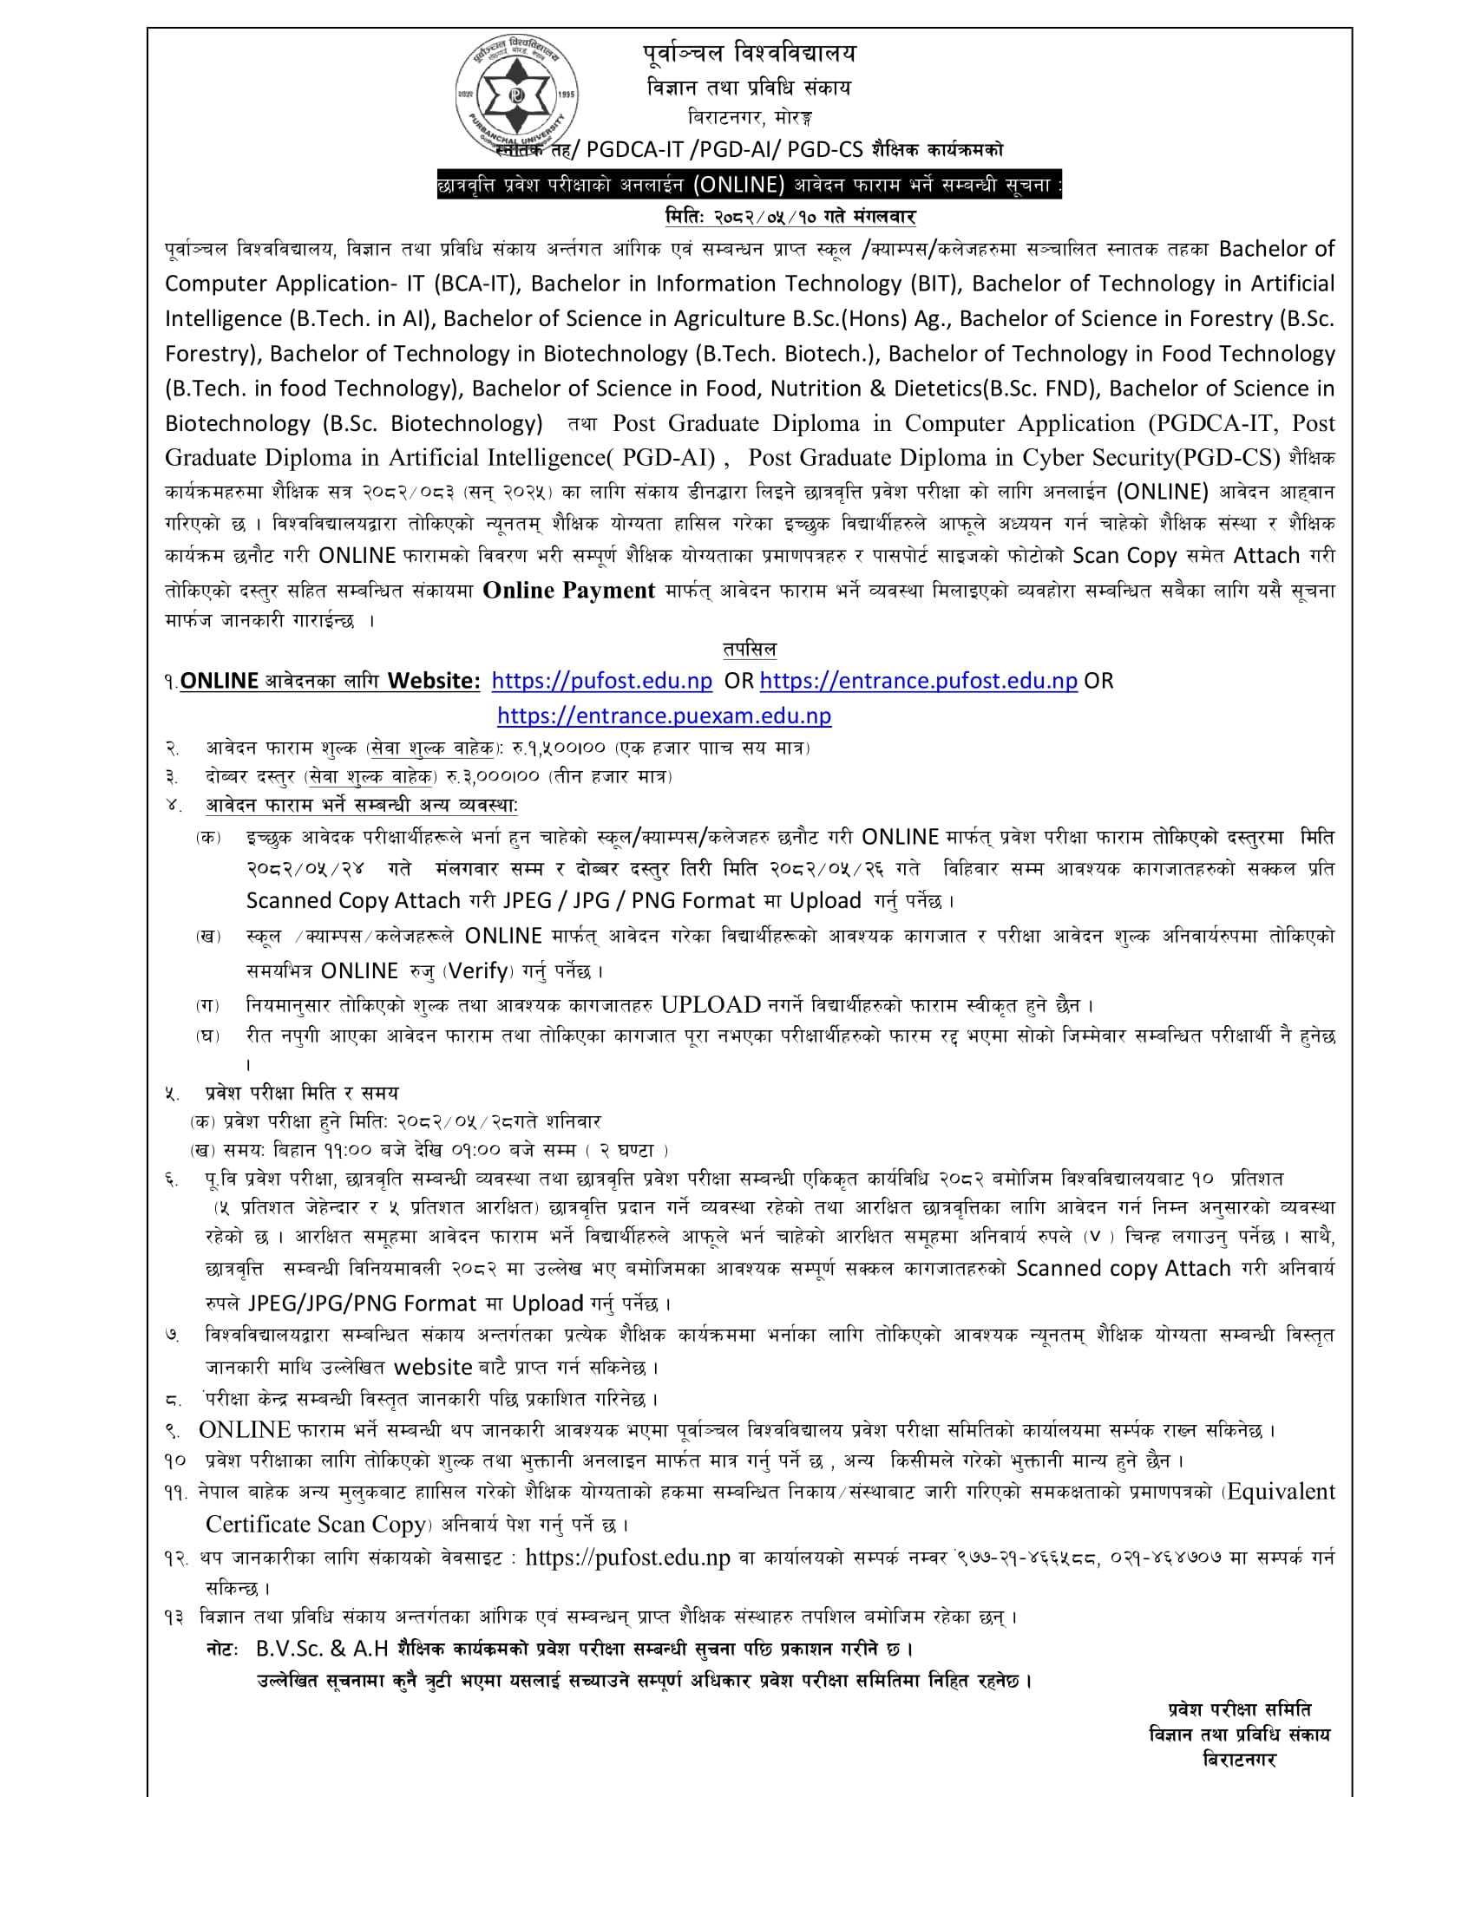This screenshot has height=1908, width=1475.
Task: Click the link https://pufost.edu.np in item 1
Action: (601, 681)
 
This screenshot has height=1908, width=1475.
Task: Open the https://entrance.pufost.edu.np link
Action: (917, 681)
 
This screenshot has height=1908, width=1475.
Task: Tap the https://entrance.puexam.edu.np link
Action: (663, 715)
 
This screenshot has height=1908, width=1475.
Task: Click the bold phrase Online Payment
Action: (568, 591)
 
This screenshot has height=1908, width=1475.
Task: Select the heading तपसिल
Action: (749, 648)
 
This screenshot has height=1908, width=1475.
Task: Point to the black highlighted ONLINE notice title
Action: (749, 185)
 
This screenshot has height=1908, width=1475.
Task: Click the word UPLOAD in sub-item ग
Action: (711, 1004)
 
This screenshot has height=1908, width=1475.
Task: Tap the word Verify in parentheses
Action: (479, 970)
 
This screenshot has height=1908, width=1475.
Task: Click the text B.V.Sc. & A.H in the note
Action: (322, 1649)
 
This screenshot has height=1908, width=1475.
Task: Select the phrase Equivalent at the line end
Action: (1281, 1493)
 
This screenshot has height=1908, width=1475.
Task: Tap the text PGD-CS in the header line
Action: (824, 149)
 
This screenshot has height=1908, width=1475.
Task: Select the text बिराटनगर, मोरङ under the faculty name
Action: (750, 117)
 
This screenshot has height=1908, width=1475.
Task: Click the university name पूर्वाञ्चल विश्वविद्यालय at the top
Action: (749, 54)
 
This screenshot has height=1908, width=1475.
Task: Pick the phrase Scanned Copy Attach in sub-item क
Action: (353, 901)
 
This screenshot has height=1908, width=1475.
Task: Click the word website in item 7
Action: (434, 1367)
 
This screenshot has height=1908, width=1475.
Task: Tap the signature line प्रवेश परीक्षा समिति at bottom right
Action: (1239, 1709)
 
